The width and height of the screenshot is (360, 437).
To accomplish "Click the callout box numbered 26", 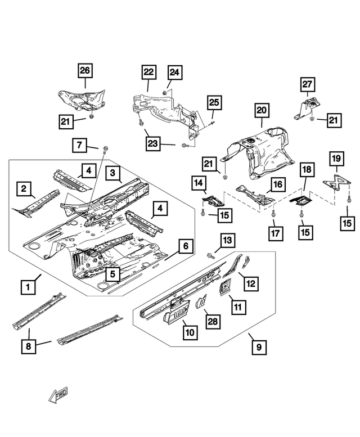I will pyautogui.click(x=85, y=71).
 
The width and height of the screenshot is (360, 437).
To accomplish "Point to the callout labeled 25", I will pyautogui.click(x=215, y=102).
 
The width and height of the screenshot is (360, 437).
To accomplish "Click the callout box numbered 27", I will pyautogui.click(x=307, y=85).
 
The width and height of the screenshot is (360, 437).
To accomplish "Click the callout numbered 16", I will pyautogui.click(x=277, y=184).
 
